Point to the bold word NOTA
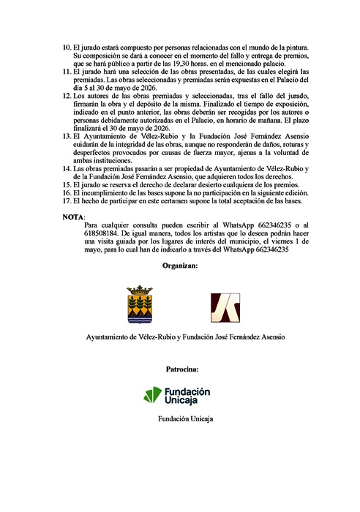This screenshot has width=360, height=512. (74, 217)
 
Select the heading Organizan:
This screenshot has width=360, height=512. (180, 266)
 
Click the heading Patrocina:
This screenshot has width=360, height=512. (180, 370)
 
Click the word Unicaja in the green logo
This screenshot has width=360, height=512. (187, 401)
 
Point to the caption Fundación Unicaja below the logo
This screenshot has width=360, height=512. (180, 419)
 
